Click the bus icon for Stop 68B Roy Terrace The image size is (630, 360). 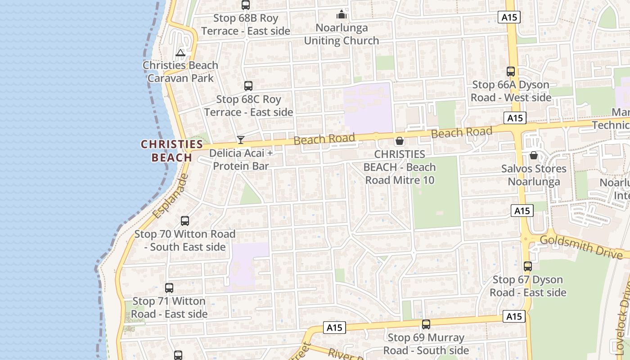click(245, 5)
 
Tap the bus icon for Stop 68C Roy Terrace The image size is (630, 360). click(248, 86)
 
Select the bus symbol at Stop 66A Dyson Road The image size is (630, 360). click(510, 72)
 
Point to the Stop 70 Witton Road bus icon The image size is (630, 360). click(184, 221)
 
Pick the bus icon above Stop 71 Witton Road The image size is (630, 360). click(169, 288)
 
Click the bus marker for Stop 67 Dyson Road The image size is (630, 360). click(527, 266)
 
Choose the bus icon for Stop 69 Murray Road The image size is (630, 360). click(426, 324)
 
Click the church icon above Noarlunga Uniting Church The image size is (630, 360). click(342, 14)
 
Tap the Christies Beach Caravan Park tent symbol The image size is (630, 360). click(180, 53)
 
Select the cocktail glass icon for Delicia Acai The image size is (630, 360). click(241, 140)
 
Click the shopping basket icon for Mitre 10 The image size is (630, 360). click(399, 141)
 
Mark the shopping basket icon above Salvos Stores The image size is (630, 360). click(533, 156)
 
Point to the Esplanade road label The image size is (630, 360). click(170, 197)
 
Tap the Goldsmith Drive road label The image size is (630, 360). click(584, 246)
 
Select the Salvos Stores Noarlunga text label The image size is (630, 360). click(534, 175)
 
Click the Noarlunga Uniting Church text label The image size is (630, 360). click(342, 34)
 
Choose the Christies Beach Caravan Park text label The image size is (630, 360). click(180, 72)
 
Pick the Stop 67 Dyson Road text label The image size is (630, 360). click(527, 286)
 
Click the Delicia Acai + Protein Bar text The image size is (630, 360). click(241, 159)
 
